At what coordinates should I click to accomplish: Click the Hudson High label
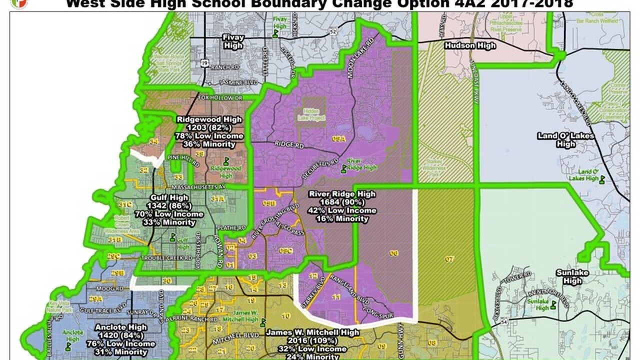point(470,46)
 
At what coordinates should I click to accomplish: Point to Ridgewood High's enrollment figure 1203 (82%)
point(209,127)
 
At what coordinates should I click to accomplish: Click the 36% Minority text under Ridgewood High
point(209,144)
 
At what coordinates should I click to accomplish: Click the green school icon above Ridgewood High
point(226,161)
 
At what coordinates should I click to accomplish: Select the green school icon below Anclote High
point(67,345)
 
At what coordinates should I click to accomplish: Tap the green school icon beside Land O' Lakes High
point(602,179)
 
